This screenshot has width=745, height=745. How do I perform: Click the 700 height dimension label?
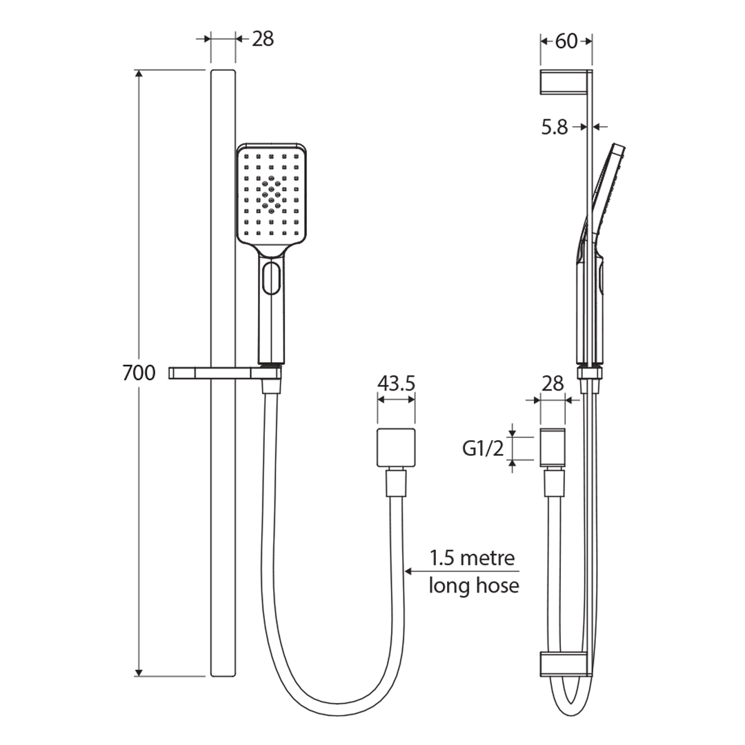139,372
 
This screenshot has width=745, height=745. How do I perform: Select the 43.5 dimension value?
396,383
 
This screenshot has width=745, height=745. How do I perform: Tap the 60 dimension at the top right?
566,41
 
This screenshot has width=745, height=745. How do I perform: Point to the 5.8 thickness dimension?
555,127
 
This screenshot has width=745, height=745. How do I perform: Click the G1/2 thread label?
483,448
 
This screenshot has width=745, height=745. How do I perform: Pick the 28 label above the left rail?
263,39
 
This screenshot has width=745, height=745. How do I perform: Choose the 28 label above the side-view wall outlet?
553,383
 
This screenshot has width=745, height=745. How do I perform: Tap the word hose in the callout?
497,585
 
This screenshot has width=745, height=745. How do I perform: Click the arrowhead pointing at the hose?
408,571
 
